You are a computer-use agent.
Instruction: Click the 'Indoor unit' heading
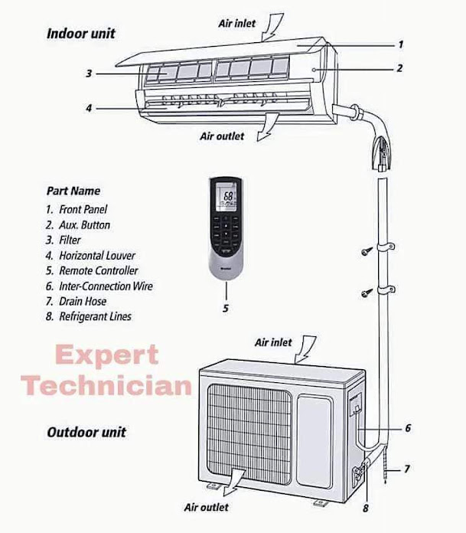[x=81, y=34]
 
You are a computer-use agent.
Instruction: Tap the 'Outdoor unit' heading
[x=86, y=432]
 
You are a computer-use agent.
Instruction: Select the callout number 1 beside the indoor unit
[x=400, y=45]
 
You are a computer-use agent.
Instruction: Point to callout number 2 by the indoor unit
[x=399, y=68]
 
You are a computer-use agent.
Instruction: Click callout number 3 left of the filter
[x=89, y=74]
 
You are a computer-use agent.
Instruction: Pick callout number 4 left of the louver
[x=89, y=108]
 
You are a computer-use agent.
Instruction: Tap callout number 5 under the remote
[x=226, y=309]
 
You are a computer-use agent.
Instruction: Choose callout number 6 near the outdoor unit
[x=408, y=428]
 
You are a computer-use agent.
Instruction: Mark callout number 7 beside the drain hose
[x=407, y=468]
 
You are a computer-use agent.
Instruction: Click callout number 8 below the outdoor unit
[x=366, y=507]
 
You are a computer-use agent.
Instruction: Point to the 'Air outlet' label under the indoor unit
[x=222, y=136]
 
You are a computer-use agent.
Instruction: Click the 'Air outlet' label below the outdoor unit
[x=206, y=507]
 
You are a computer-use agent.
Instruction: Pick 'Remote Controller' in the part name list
[x=98, y=270]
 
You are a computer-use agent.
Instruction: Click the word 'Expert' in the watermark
[x=107, y=356]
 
